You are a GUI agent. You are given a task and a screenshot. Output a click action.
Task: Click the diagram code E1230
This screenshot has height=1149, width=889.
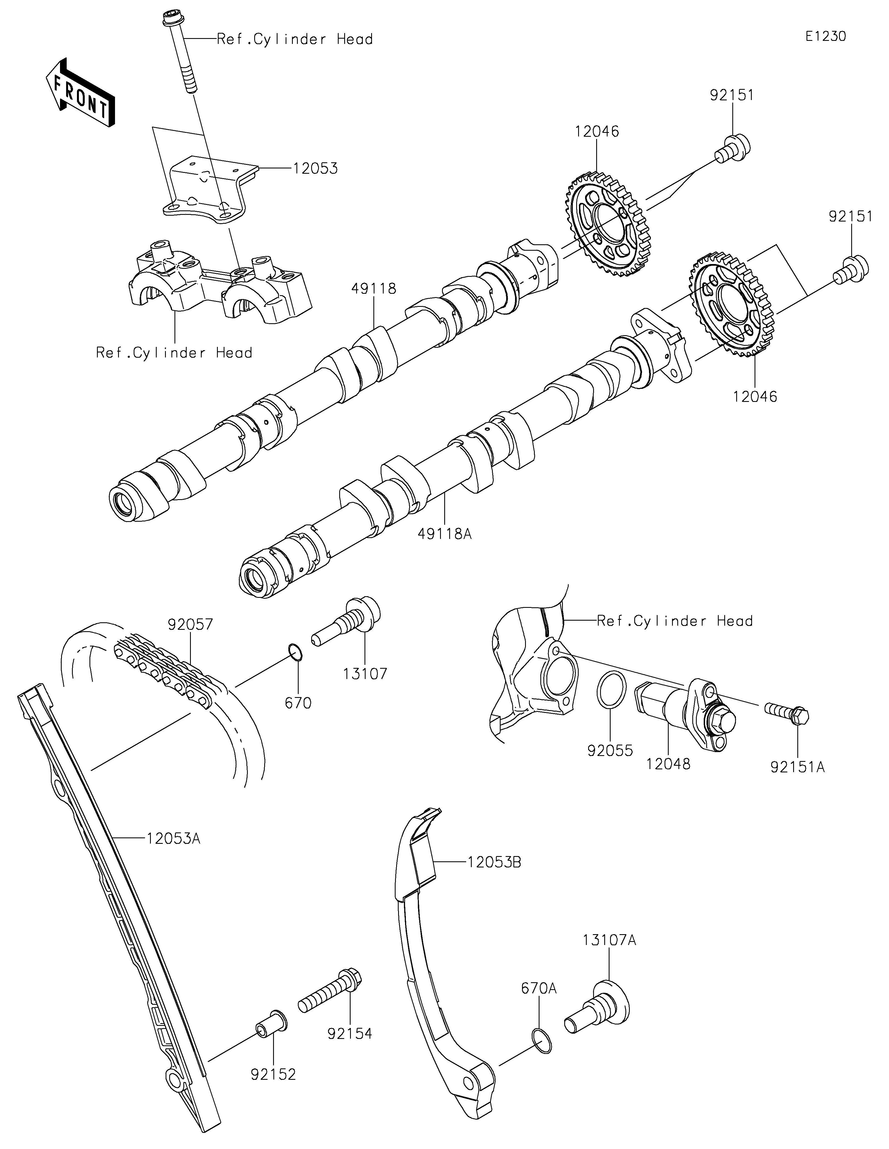pos(825,36)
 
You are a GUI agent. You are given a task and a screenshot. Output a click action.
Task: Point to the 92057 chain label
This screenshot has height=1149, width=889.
pos(190,625)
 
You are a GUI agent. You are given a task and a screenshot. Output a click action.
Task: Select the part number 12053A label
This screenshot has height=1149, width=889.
pos(173,838)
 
